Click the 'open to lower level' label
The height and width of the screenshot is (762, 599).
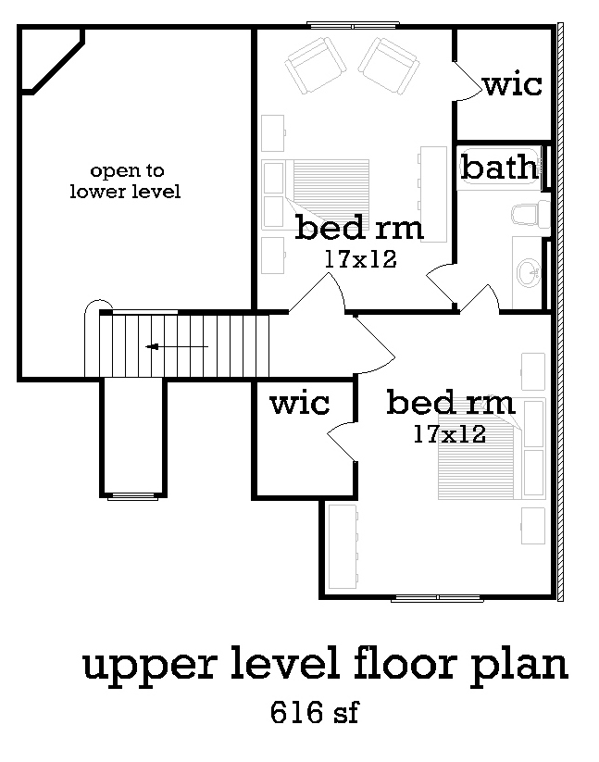pyautogui.click(x=125, y=181)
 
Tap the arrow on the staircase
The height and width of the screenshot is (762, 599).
pyautogui.click(x=177, y=346)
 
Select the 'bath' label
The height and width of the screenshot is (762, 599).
pyautogui.click(x=500, y=168)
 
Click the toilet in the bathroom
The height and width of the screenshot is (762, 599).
pyautogui.click(x=530, y=214)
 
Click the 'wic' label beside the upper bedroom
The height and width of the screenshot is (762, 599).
pyautogui.click(x=513, y=84)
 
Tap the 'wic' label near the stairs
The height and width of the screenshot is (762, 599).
pyautogui.click(x=300, y=404)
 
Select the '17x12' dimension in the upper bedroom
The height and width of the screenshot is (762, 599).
pyautogui.click(x=360, y=259)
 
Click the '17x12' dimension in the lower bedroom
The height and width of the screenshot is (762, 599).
pyautogui.click(x=449, y=434)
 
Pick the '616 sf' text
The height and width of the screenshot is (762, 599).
pyautogui.click(x=315, y=712)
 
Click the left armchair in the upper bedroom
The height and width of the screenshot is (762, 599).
pyautogui.click(x=316, y=65)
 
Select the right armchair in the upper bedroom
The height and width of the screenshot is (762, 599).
pyautogui.click(x=389, y=65)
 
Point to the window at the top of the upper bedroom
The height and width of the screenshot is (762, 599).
pyautogui.click(x=353, y=25)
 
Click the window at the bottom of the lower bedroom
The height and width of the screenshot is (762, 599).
pyautogui.click(x=437, y=597)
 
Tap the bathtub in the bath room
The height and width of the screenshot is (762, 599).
pyautogui.click(x=500, y=168)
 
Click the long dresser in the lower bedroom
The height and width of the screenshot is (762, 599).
pyautogui.click(x=343, y=546)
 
